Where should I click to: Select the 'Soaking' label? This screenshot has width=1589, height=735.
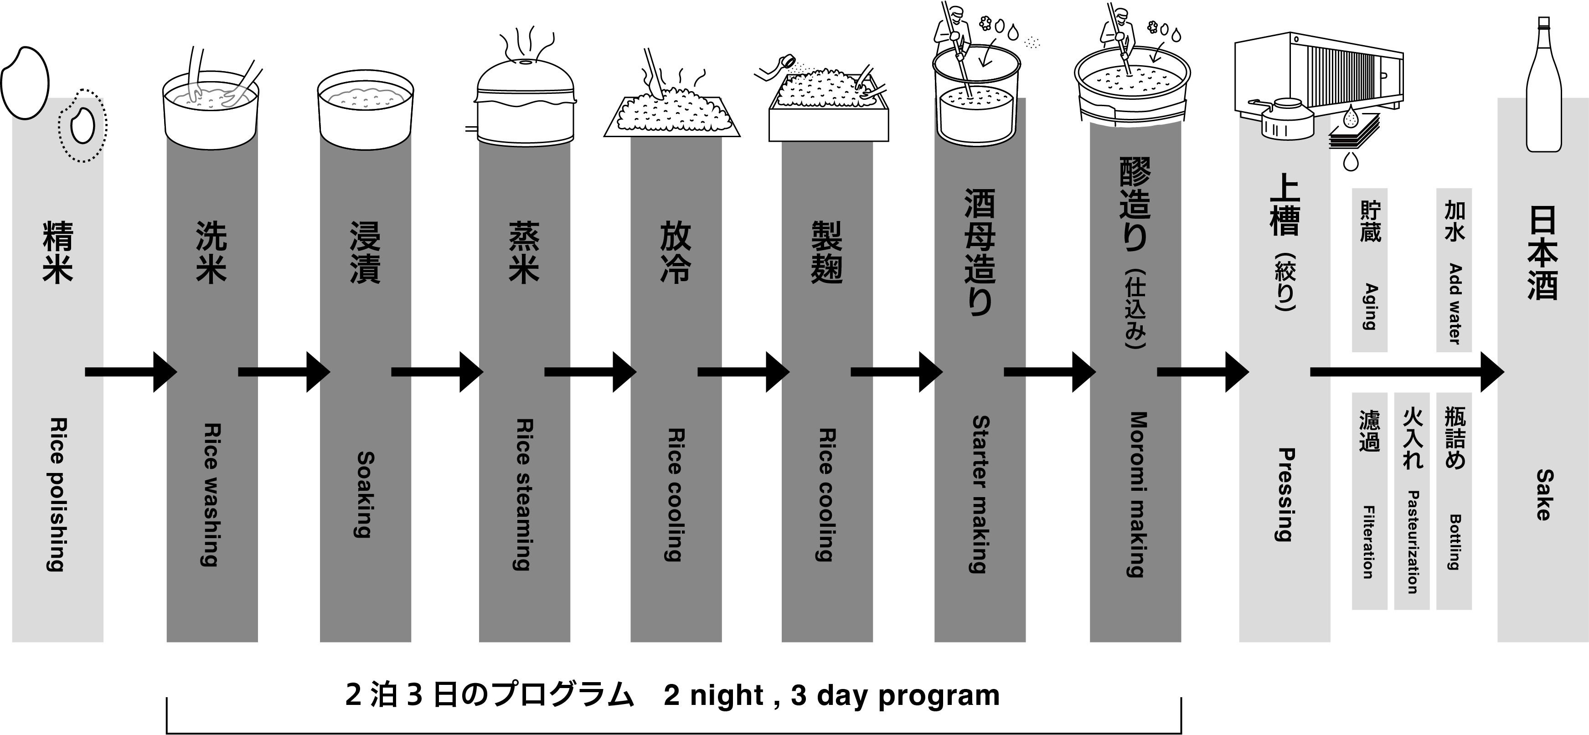366,494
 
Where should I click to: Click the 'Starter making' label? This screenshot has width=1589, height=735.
980,494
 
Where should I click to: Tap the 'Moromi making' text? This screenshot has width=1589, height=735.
1136,494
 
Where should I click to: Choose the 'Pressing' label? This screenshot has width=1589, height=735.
1285,494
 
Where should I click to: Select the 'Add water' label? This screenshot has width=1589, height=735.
1455,303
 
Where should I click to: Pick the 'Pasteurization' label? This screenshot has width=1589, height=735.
1413,541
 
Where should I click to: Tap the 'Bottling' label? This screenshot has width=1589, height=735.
1455,541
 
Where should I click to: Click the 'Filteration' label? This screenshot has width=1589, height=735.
1369,541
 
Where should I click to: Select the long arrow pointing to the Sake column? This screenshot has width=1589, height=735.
1406,372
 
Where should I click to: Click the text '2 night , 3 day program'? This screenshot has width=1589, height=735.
831,695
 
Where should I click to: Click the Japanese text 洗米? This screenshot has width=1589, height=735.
212,253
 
